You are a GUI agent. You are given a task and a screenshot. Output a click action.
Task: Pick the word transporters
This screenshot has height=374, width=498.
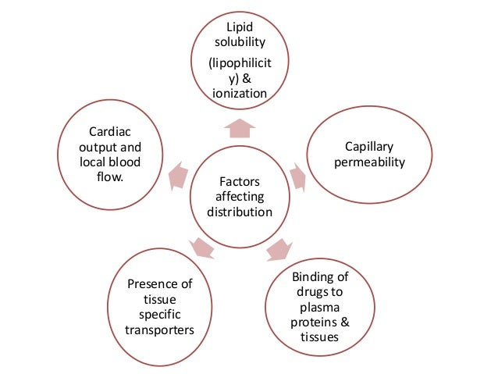click(x=159, y=329)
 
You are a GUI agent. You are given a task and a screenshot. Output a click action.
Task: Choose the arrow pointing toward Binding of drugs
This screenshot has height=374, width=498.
click(x=276, y=251)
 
